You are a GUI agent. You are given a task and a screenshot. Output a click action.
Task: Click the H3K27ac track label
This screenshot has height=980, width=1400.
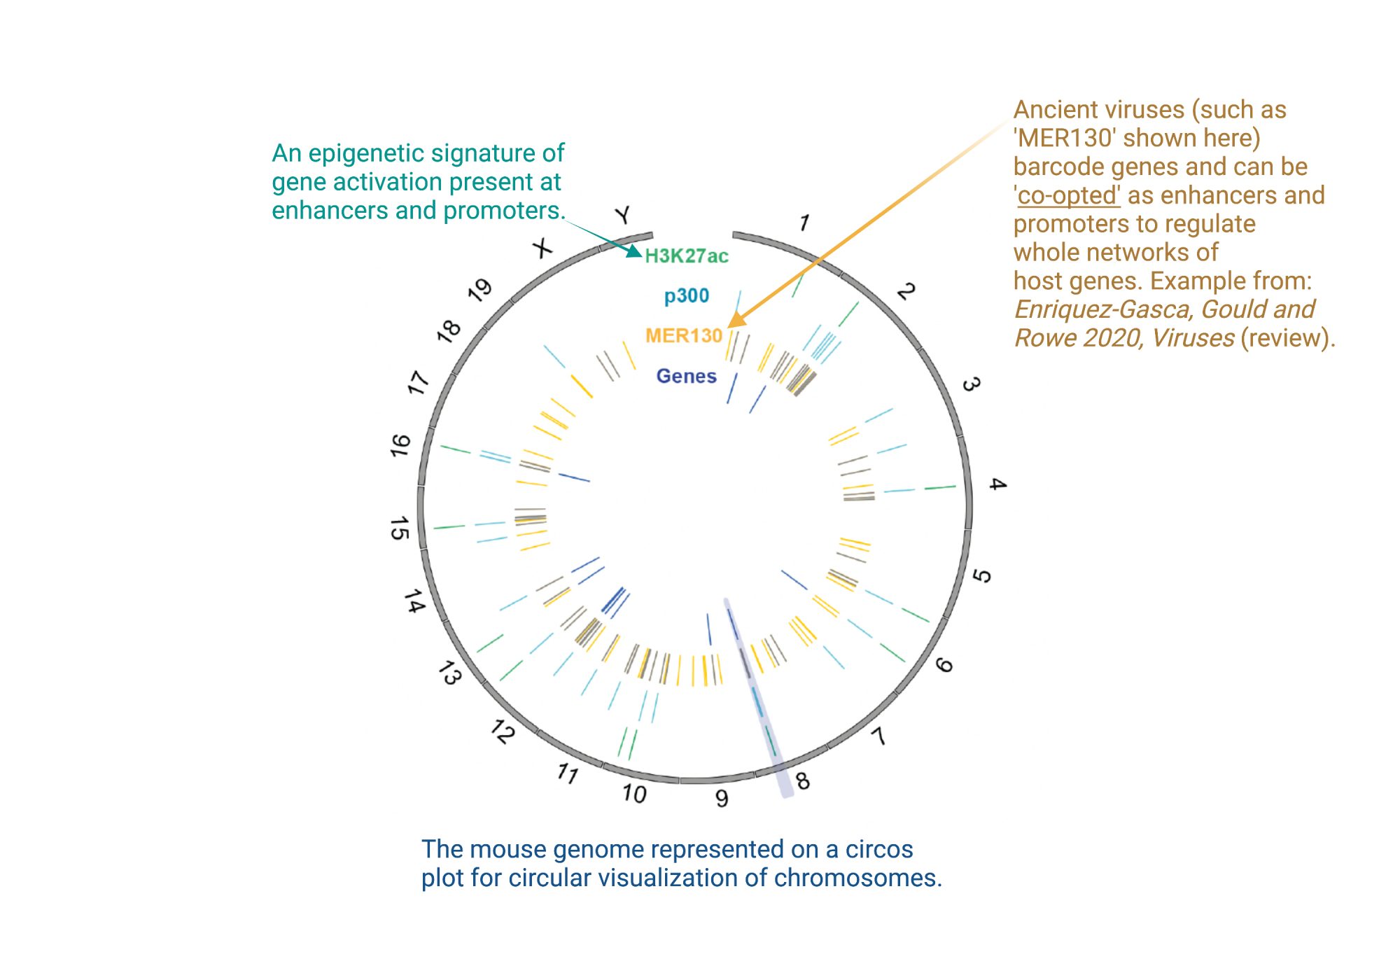click(686, 256)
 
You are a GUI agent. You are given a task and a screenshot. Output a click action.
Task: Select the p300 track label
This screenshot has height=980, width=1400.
click(686, 296)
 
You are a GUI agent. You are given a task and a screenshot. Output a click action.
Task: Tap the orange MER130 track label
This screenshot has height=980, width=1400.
click(683, 336)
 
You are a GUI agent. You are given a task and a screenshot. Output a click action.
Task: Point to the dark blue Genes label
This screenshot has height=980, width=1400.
click(686, 377)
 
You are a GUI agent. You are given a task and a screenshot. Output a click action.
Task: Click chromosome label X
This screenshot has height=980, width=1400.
click(542, 248)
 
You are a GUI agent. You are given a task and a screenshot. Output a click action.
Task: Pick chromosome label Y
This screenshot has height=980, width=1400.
click(623, 215)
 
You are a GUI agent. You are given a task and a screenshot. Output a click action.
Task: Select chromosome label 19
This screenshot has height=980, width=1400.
click(480, 290)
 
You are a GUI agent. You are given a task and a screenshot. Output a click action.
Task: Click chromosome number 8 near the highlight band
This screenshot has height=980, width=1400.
click(803, 780)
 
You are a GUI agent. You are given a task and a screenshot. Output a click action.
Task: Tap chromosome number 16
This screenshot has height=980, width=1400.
click(400, 445)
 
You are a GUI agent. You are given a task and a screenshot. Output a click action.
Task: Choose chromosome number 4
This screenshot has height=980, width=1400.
click(997, 484)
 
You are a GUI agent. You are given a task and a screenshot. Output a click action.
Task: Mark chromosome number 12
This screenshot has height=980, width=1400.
click(503, 731)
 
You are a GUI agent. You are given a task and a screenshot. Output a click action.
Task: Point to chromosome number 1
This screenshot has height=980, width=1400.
click(804, 223)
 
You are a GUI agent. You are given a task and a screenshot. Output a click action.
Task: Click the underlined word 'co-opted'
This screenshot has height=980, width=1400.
click(1068, 195)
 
